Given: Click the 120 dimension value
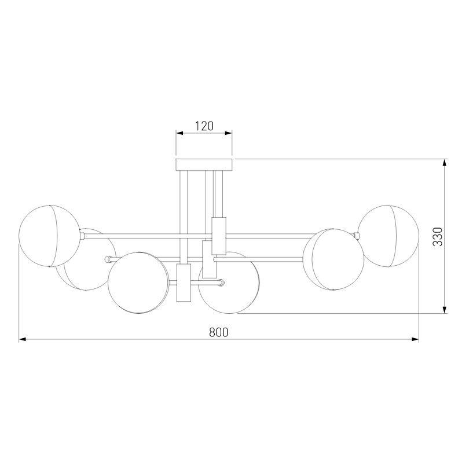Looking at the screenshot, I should pyautogui.click(x=204, y=125).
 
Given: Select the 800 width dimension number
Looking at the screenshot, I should pyautogui.click(x=218, y=332).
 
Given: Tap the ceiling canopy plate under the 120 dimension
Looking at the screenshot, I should pyautogui.click(x=204, y=164).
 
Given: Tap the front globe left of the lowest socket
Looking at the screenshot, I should pyautogui.click(x=139, y=283).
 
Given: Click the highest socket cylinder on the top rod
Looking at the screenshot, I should pyautogui.click(x=219, y=236).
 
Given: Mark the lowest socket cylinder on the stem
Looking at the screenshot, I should pyautogui.click(x=183, y=283).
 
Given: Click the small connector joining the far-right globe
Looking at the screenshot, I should pyautogui.click(x=357, y=234).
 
